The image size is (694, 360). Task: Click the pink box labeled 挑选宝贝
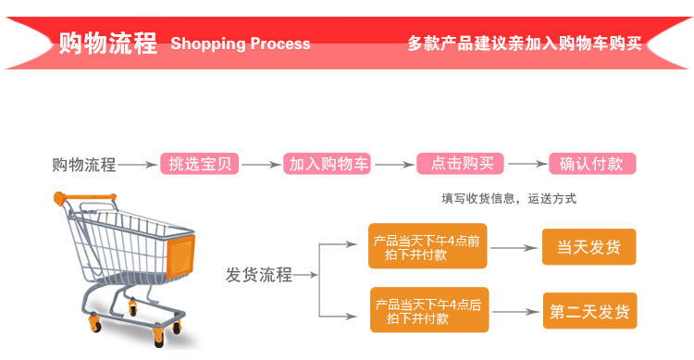[201, 165]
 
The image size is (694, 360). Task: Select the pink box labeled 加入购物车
[328, 165]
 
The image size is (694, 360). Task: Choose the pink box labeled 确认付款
[592, 165]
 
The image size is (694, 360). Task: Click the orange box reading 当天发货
[589, 248]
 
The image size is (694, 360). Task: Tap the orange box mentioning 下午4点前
[427, 248]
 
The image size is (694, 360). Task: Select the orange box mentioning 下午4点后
[427, 311]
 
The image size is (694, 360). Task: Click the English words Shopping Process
[241, 43]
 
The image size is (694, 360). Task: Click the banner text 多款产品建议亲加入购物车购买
[524, 43]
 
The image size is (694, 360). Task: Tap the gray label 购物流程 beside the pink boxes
[83, 166]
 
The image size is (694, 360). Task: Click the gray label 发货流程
[258, 275]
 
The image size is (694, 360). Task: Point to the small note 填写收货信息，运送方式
[508, 198]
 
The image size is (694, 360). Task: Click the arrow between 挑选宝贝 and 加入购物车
[262, 166]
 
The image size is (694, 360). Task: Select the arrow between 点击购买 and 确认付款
[527, 166]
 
